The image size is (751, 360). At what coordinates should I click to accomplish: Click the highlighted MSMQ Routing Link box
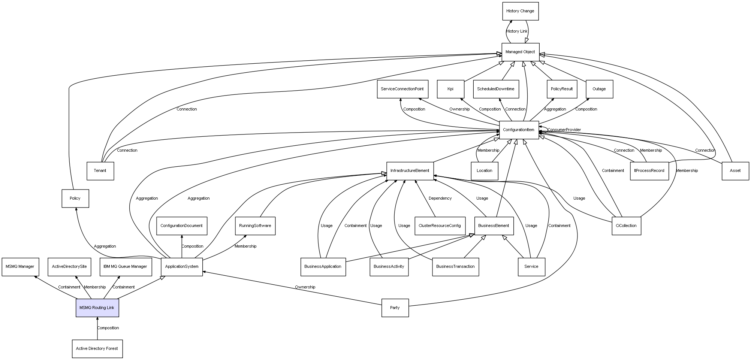click(97, 308)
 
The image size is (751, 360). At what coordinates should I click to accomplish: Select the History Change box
click(520, 11)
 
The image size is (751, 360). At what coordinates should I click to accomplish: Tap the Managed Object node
click(520, 52)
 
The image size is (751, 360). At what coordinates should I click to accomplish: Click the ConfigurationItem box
click(519, 130)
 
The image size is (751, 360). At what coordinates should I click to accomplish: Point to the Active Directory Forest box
click(97, 348)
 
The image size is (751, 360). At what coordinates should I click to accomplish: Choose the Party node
click(395, 308)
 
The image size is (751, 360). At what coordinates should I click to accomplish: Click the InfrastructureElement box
click(410, 171)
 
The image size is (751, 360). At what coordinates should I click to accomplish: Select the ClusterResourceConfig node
click(440, 226)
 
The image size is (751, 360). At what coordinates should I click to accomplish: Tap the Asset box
click(735, 171)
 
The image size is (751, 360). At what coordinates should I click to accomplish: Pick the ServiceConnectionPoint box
click(402, 89)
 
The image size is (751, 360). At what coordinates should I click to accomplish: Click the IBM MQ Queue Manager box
click(126, 267)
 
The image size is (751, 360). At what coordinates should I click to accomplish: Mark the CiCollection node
click(626, 226)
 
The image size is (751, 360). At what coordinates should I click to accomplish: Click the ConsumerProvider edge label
click(564, 130)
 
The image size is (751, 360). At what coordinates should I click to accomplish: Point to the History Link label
click(517, 31)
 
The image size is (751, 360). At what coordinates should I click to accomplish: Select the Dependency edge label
click(440, 199)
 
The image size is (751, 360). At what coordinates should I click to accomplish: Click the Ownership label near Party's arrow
click(305, 287)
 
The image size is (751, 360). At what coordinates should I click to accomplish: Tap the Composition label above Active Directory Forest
click(108, 328)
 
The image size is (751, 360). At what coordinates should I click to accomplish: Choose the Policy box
click(75, 199)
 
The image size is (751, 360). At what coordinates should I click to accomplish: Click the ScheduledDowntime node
click(495, 89)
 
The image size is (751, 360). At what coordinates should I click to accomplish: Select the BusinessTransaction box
click(455, 267)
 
